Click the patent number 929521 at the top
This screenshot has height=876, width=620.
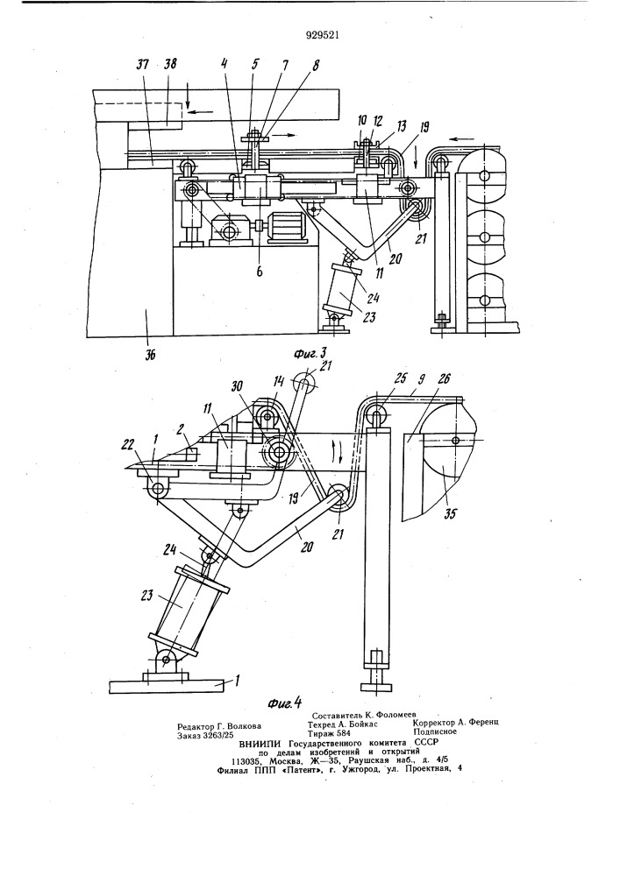click(323, 36)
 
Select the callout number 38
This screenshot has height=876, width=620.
click(170, 64)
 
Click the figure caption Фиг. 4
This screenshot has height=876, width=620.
click(284, 702)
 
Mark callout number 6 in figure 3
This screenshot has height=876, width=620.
click(260, 272)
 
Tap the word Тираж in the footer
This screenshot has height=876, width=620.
click(321, 733)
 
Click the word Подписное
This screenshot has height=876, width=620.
click(435, 731)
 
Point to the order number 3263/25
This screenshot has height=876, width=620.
click(216, 735)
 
